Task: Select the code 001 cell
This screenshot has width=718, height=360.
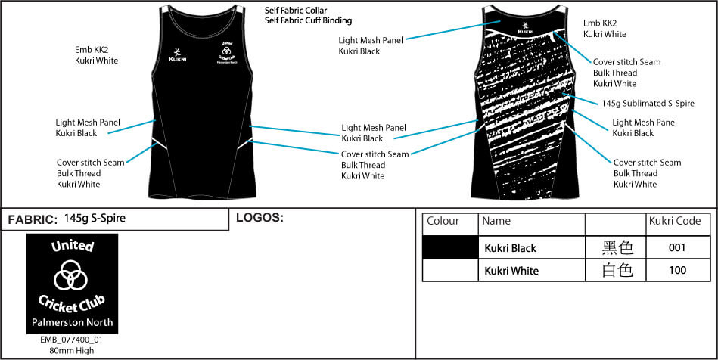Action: [x=678, y=248]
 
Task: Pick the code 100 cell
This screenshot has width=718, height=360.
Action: [x=678, y=271]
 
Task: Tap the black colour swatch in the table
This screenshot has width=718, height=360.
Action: [x=450, y=248]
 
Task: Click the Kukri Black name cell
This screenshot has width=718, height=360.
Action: [x=511, y=248]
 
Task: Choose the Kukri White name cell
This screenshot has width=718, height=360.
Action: [x=511, y=271]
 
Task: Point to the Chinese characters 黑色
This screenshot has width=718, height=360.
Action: [x=617, y=248]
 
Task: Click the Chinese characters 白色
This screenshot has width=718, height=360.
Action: [x=617, y=271]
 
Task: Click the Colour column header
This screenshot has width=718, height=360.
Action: [x=443, y=222]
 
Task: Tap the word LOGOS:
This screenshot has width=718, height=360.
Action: [x=260, y=218]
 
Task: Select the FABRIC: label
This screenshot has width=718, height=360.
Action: [x=33, y=220]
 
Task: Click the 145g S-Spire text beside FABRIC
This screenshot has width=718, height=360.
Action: [x=95, y=219]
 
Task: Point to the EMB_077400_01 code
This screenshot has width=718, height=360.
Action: [x=71, y=340]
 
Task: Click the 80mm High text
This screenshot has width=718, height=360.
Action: [x=71, y=350]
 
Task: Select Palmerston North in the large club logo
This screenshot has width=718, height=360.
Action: [x=72, y=323]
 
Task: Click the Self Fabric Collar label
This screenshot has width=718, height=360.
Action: [x=297, y=11]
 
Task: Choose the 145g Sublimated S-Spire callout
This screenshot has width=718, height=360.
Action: [x=648, y=104]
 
